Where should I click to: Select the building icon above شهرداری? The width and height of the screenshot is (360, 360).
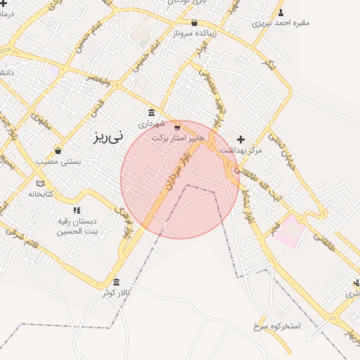coord(151,112)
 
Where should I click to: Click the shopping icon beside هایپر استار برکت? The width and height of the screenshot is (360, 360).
coord(177,128)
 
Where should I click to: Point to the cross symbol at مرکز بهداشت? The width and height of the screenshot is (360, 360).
coord(240,139)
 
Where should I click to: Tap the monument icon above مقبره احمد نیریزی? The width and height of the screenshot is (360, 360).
coord(281,12)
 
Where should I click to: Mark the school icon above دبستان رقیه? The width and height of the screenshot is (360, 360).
coord(77,210)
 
